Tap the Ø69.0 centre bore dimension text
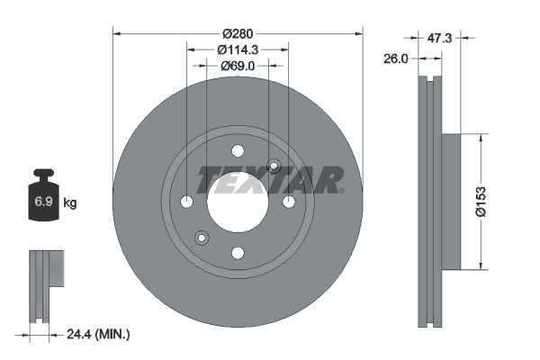click(238, 65)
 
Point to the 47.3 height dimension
click(439, 39)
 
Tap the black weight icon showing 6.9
click(43, 201)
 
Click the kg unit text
click(70, 203)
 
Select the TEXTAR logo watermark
click(270, 180)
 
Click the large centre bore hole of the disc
click(238, 201)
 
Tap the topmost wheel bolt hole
click(238, 150)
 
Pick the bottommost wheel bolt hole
click(238, 252)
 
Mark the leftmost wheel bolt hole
click(186, 201)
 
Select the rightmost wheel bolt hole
click(289, 201)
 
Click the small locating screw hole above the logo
click(274, 165)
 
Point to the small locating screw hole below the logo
click(202, 238)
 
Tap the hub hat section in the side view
click(449, 201)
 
